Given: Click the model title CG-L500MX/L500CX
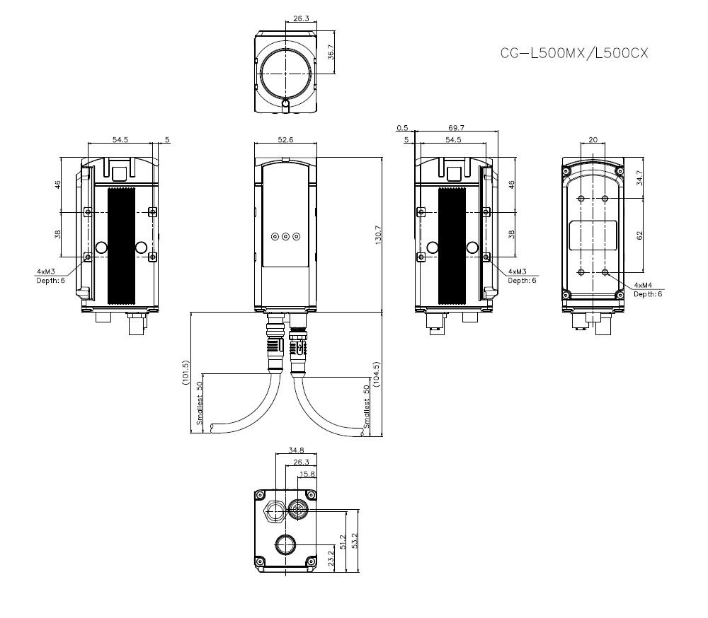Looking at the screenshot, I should coord(574,52).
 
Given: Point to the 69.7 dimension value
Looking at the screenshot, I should coord(457,128).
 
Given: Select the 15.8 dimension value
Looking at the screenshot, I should coord(307,474).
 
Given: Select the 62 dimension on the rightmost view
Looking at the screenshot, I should coord(639,235).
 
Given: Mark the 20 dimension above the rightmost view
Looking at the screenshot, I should coord(593,139).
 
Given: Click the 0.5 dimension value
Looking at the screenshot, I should coord(403,128).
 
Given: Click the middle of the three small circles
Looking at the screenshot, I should coord(285,238).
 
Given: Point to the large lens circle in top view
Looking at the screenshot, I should coord(285,72).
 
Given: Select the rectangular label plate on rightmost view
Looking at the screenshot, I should coord(593,235).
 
